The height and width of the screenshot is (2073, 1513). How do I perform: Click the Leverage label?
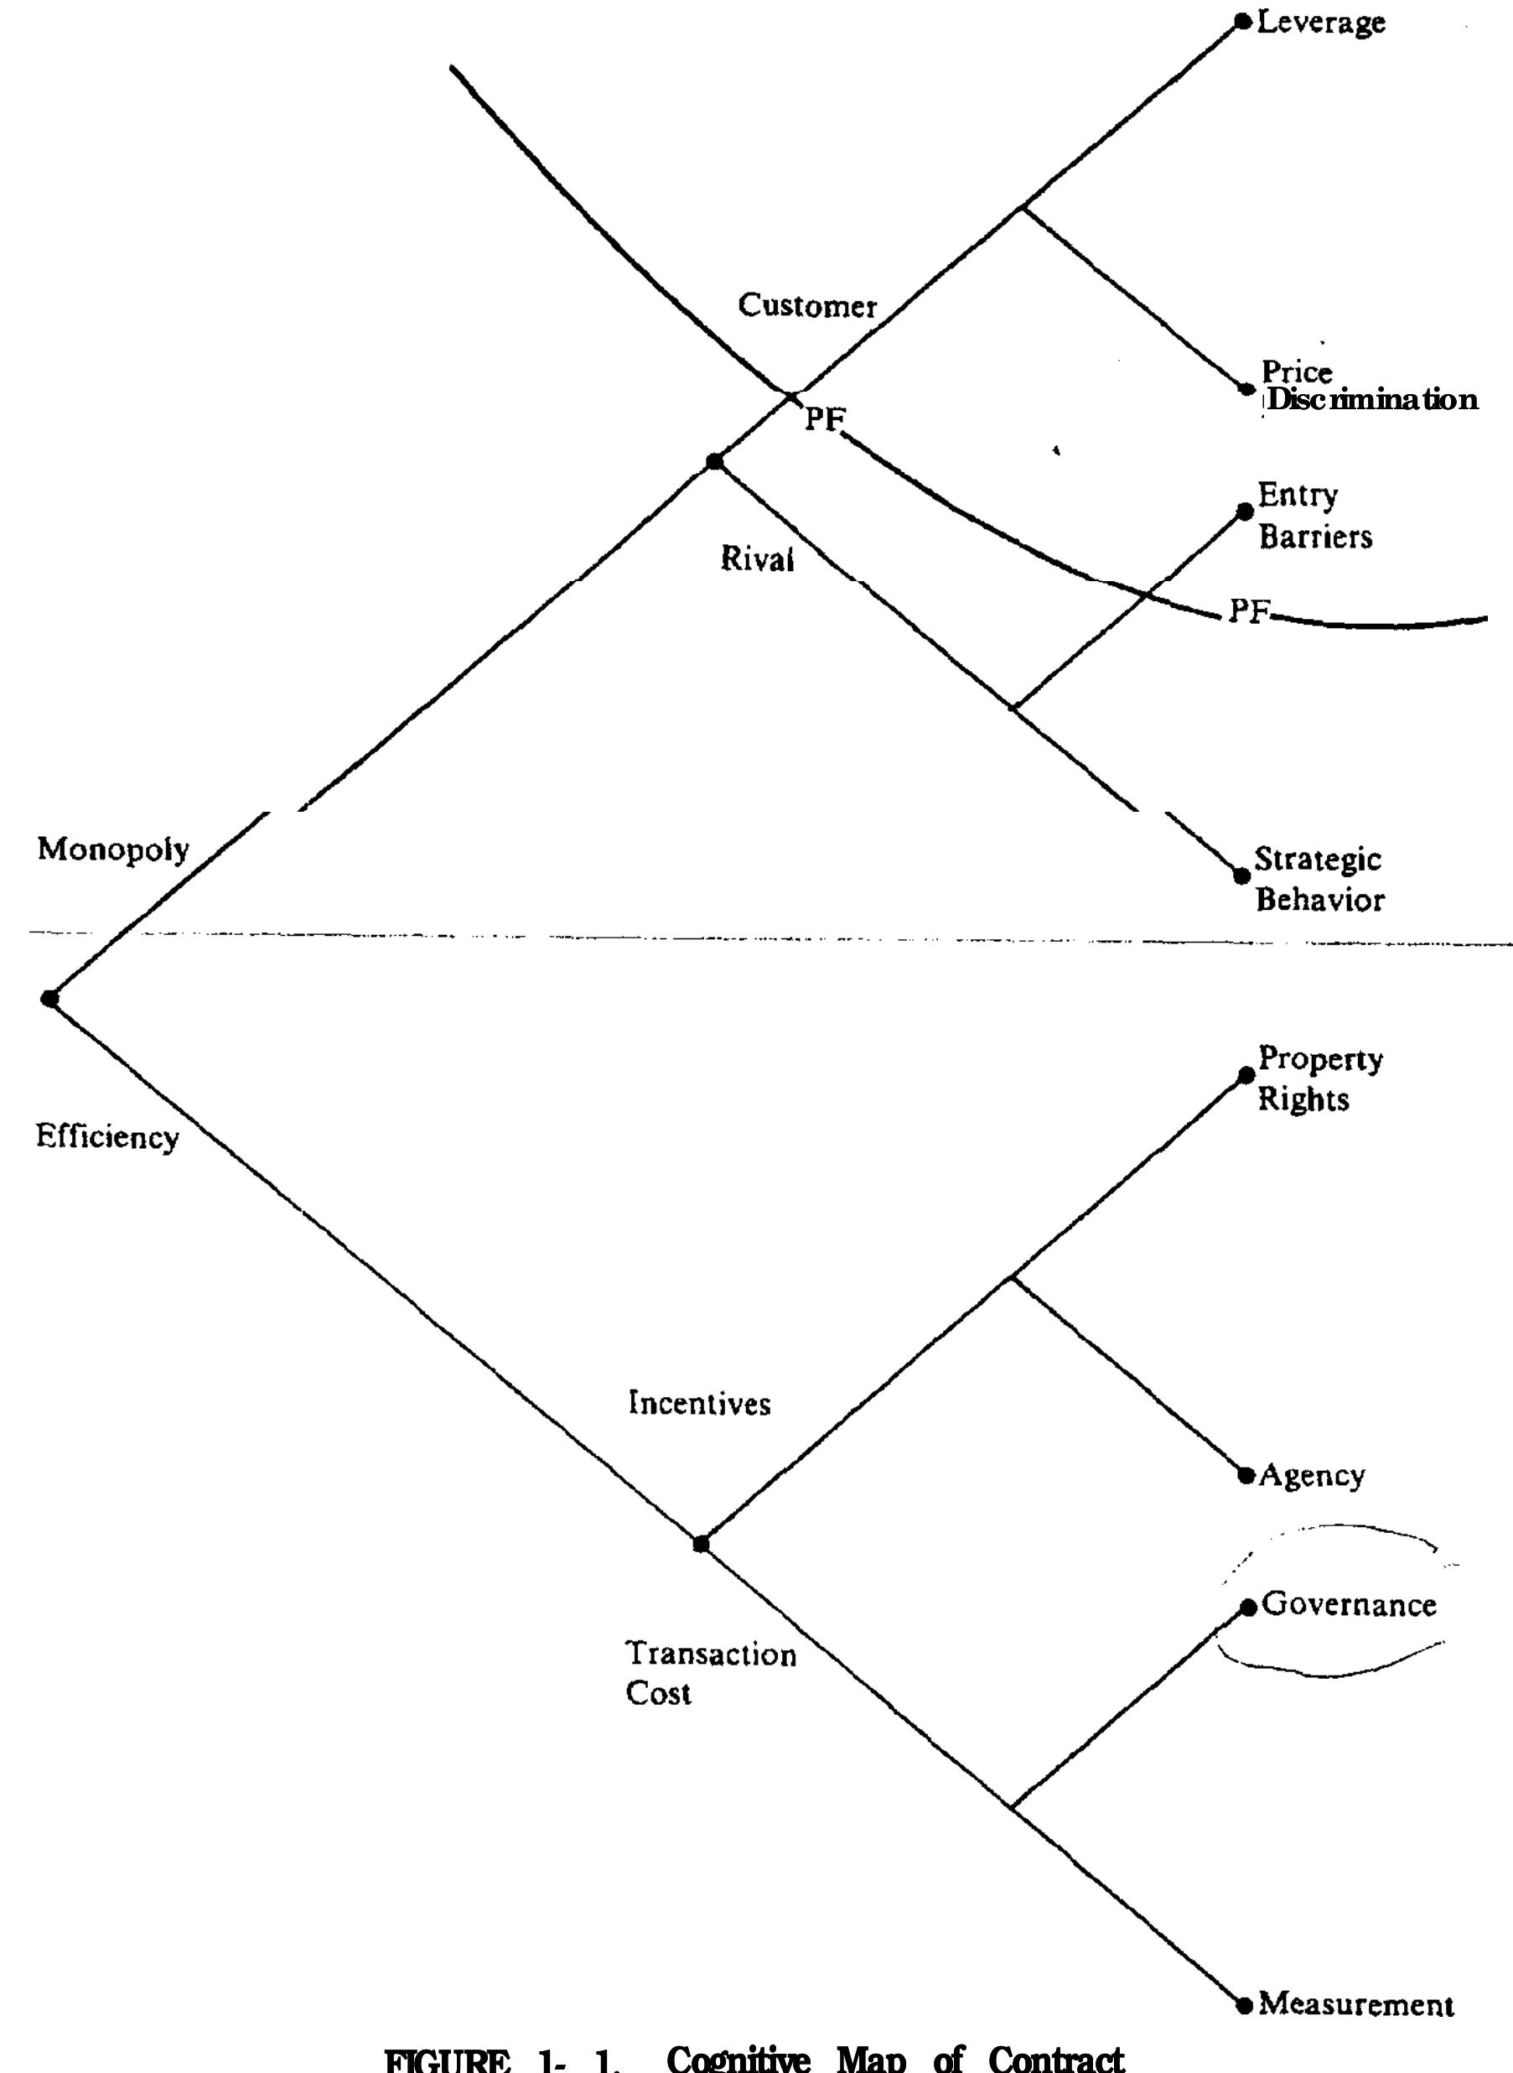click(x=1321, y=23)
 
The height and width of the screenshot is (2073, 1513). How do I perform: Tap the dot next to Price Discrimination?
click(x=1246, y=388)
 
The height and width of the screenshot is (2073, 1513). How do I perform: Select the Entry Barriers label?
click(x=1314, y=516)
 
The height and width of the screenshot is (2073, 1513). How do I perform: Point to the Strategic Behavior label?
click(x=1318, y=880)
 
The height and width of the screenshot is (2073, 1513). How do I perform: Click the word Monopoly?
click(x=112, y=850)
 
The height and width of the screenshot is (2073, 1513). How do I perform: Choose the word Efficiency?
click(x=107, y=1138)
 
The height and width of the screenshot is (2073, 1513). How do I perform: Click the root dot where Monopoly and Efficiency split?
click(x=49, y=999)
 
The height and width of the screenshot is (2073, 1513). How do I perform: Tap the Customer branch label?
click(x=807, y=306)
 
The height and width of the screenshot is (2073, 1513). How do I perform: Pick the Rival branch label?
click(x=756, y=559)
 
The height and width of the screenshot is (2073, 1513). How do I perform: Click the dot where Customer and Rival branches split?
click(x=714, y=462)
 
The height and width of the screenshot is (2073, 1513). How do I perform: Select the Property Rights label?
click(x=1319, y=1078)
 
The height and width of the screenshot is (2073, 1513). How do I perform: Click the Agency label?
click(x=1312, y=1476)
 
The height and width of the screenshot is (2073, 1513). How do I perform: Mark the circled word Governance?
click(x=1348, y=1605)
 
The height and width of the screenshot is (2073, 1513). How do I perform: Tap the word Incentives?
click(x=699, y=1403)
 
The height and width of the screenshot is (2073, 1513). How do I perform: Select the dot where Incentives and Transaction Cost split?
click(x=701, y=1545)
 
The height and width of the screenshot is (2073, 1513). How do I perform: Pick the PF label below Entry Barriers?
click(x=1247, y=611)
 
